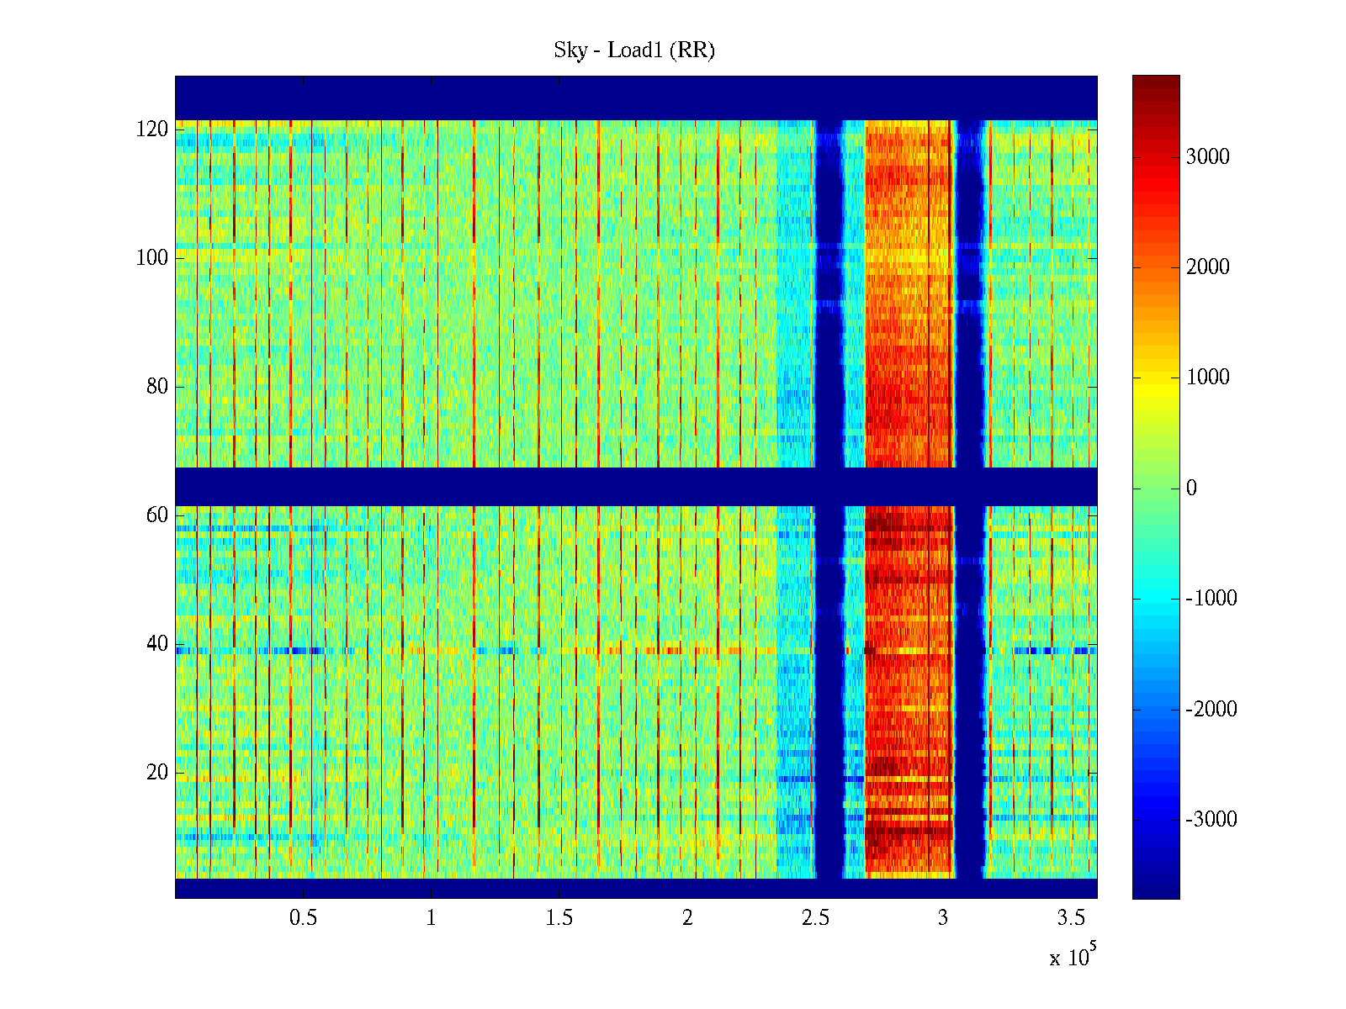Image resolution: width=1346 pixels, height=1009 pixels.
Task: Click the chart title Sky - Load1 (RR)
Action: click(633, 50)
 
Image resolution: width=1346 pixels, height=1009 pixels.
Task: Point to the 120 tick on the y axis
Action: click(152, 129)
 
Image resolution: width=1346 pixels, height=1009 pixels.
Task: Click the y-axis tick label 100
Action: click(152, 258)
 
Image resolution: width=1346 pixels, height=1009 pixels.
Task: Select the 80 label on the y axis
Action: click(157, 387)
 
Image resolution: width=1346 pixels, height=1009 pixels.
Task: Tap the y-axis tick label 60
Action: click(157, 515)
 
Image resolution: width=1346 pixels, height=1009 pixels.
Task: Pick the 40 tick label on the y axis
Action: click(157, 644)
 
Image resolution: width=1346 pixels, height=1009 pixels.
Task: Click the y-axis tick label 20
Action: click(157, 773)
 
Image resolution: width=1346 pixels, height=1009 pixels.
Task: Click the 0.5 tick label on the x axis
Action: click(303, 918)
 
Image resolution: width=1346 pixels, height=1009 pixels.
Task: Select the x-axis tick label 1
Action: click(431, 918)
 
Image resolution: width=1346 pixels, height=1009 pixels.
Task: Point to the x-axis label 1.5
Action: click(559, 918)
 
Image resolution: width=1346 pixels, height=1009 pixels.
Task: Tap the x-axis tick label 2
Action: click(687, 918)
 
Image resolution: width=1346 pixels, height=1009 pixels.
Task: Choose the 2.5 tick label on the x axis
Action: click(815, 918)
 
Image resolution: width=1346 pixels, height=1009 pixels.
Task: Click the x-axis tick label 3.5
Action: click(1071, 918)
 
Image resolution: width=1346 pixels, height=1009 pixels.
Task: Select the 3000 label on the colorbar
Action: click(1207, 157)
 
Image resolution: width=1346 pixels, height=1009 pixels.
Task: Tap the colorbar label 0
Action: click(1191, 489)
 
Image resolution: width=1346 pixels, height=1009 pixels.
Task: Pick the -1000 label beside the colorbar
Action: click(1211, 599)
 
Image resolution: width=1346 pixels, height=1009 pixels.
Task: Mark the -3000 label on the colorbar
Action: click(1211, 820)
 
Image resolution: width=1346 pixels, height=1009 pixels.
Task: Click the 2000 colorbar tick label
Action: click(1207, 267)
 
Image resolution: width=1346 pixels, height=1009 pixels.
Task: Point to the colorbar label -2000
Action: click(1211, 710)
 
